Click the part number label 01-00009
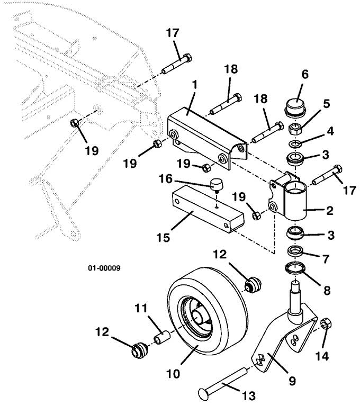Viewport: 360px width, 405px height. (104, 268)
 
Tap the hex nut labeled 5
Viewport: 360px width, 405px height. (295, 129)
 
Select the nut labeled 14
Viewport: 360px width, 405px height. (326, 322)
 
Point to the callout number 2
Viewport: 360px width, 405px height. (329, 211)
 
